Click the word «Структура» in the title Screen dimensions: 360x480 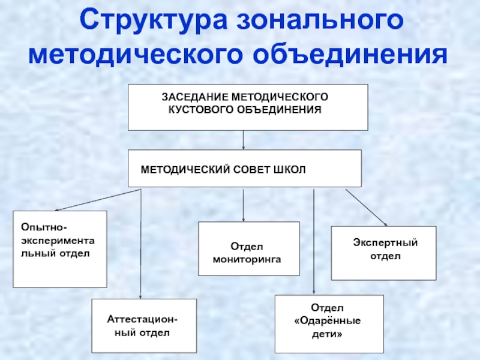[x=155, y=22]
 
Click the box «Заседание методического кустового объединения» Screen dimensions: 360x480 [x=247, y=107]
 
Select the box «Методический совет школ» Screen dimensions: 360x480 [x=245, y=169]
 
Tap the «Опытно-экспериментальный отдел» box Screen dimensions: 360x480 [x=59, y=248]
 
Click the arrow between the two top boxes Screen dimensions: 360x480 [x=244, y=140]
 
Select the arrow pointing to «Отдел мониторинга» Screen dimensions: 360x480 [x=244, y=205]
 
